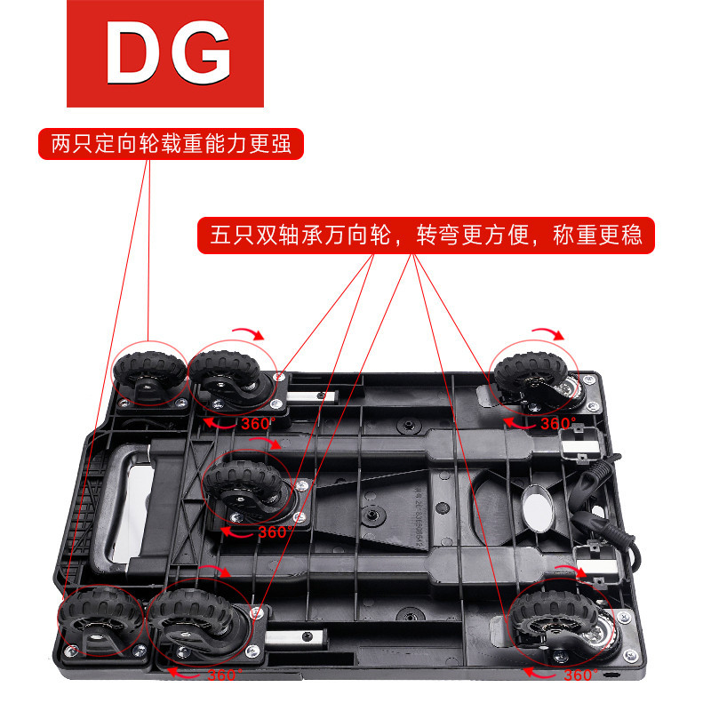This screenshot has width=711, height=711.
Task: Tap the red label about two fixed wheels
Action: coord(171,144)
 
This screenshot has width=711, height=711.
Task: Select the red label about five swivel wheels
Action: coord(426,236)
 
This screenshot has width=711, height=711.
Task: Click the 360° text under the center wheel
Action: coord(274,531)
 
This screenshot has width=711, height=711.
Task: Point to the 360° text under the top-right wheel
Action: coord(558,423)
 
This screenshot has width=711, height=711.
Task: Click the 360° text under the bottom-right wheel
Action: coord(578,675)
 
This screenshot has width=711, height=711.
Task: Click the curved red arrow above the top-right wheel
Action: coord(546,333)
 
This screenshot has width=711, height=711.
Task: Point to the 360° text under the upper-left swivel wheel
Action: coord(255,424)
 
